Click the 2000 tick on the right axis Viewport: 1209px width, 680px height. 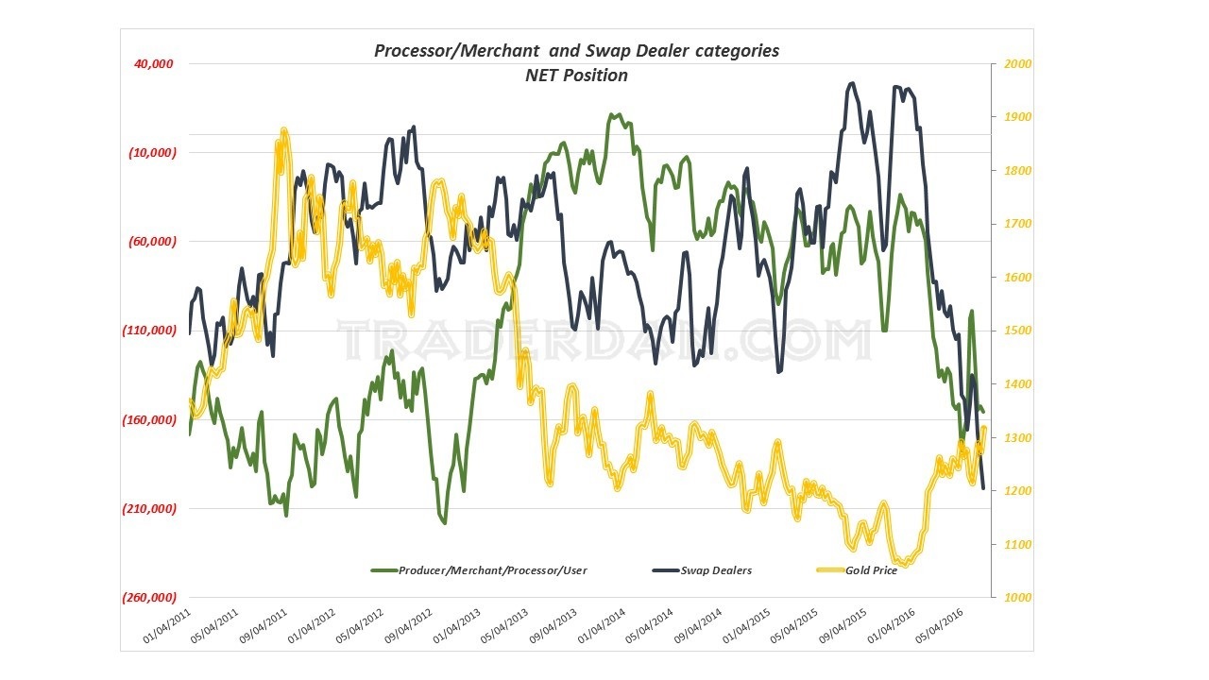1006,64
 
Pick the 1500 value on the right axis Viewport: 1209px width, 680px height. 1006,331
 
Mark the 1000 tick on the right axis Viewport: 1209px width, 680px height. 1006,598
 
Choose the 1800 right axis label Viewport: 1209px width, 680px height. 1006,171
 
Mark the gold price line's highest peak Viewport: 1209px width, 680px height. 282,132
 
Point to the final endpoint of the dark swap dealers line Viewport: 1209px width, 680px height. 983,488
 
